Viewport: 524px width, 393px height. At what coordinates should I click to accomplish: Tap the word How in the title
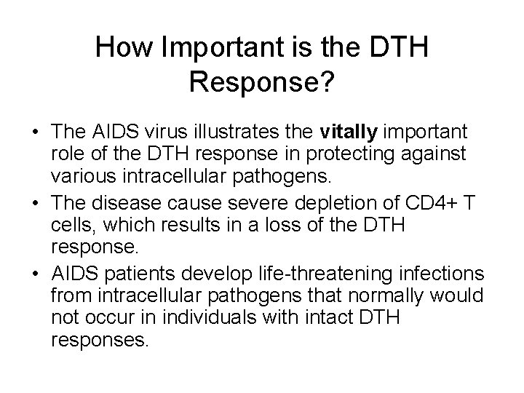(120, 48)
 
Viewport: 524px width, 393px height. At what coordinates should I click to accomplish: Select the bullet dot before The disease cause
(37, 196)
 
